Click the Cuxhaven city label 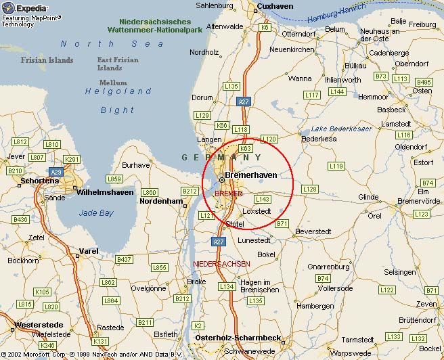point(275,6)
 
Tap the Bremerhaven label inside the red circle point(250,175)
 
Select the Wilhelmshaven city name point(105,192)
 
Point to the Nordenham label point(161,201)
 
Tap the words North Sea point(112,44)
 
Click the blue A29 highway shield point(56,173)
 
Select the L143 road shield point(263,199)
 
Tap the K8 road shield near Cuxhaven point(265,27)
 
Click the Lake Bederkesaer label point(342,128)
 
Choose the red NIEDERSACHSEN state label point(221,263)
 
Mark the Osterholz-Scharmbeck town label point(238,338)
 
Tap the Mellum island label point(113,82)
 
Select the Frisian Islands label point(47,60)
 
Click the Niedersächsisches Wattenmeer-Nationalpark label point(155,26)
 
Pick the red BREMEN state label point(228,194)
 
